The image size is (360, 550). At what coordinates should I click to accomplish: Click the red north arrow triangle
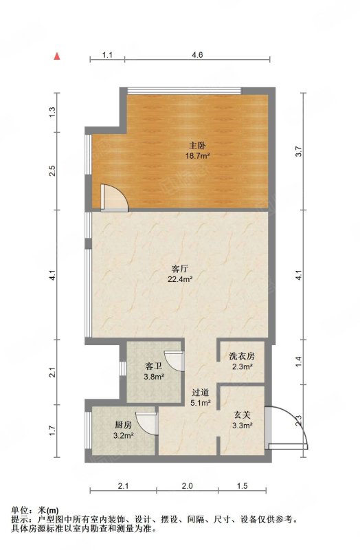pyautogui.click(x=57, y=56)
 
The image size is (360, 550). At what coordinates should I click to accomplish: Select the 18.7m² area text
pyautogui.click(x=197, y=156)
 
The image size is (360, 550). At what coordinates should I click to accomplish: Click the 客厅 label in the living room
pyautogui.click(x=180, y=269)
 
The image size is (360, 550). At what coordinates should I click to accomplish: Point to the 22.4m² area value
pyautogui.click(x=180, y=280)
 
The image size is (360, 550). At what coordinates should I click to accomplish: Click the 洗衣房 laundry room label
pyautogui.click(x=242, y=356)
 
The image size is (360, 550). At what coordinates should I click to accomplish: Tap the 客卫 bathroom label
pyautogui.click(x=154, y=366)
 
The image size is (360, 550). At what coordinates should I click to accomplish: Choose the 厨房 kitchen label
pyautogui.click(x=124, y=425)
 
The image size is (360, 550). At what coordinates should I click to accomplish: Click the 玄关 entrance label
pyautogui.click(x=243, y=415)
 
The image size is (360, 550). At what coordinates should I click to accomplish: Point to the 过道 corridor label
pyautogui.click(x=201, y=392)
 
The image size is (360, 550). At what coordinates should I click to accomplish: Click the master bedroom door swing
pyautogui.click(x=114, y=197)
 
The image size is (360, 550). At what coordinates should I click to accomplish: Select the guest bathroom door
pyautogui.click(x=175, y=360)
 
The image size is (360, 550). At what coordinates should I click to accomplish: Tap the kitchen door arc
pyautogui.click(x=146, y=423)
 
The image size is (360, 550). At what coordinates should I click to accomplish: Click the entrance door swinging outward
pyautogui.click(x=286, y=428)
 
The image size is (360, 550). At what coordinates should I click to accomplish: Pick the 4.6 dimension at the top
pyautogui.click(x=197, y=55)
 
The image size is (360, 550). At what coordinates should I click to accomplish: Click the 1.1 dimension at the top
pyautogui.click(x=107, y=55)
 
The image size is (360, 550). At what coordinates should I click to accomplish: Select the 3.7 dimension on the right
pyautogui.click(x=298, y=151)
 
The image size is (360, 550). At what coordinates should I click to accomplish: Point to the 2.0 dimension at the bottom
pyautogui.click(x=187, y=486)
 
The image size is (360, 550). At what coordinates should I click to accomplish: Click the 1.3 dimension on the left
pyautogui.click(x=52, y=112)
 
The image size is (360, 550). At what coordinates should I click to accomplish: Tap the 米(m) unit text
pyautogui.click(x=47, y=510)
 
